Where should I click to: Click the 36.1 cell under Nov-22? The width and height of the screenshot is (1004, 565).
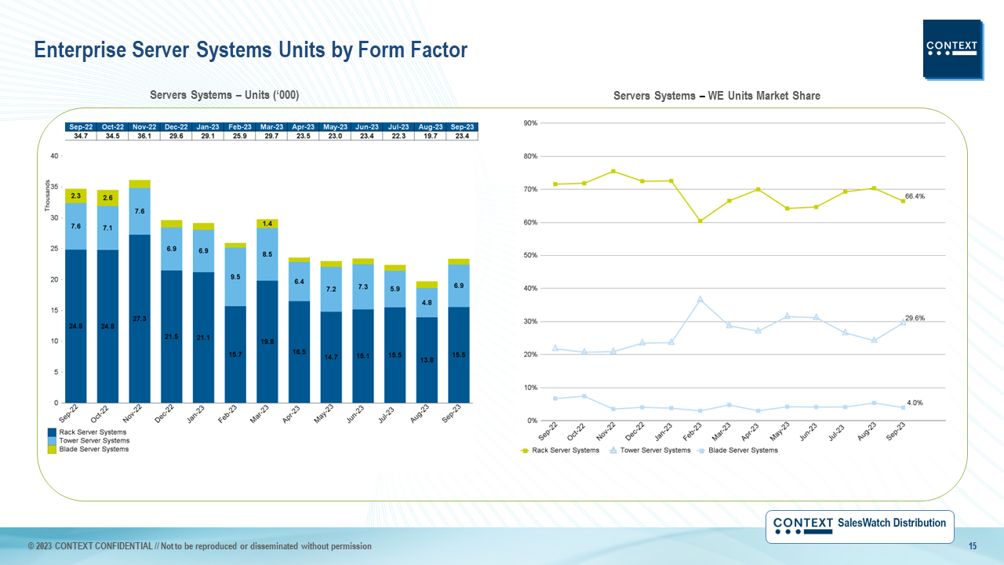point(144,136)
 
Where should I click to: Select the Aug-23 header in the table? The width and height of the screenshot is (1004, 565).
point(430,127)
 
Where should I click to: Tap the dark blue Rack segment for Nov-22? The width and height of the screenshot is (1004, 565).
point(140,318)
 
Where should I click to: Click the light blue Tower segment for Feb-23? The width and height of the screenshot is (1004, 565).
point(235,276)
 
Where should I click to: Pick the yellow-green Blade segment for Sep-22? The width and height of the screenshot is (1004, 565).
point(76,195)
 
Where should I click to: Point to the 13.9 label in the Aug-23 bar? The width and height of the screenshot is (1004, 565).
point(427,359)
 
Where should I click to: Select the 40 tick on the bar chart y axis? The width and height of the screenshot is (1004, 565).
point(54,156)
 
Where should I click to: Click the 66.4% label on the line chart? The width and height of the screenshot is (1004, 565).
point(915,196)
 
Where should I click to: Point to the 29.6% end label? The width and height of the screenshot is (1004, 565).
point(915,319)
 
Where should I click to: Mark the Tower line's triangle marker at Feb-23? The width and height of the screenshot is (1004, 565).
point(700,300)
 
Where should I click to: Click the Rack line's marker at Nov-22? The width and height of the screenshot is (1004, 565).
point(613,171)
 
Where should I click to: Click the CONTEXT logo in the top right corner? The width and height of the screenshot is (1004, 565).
point(952,49)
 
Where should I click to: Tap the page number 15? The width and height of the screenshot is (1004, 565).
point(972,546)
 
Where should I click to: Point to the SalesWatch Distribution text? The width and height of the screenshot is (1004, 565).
point(892,523)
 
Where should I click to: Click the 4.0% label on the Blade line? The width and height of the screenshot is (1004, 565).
point(915,403)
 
